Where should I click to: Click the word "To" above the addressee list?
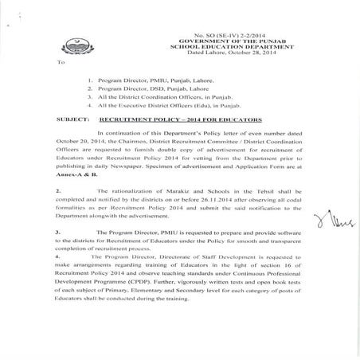(61, 61)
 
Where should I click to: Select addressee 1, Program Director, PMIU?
(147, 80)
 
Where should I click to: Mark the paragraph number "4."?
(60, 281)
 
